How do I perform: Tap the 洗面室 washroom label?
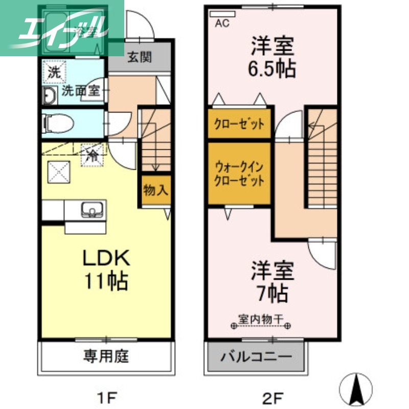[81, 92]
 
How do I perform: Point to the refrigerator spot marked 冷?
[93, 154]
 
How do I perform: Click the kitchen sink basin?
[93, 210]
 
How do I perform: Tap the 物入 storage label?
[155, 191]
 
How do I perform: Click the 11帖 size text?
[106, 281]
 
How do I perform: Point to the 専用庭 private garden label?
[106, 356]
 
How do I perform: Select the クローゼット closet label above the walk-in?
[239, 124]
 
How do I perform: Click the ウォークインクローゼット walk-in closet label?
[239, 174]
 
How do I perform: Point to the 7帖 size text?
[272, 294]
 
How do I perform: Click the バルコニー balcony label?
[256, 356]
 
